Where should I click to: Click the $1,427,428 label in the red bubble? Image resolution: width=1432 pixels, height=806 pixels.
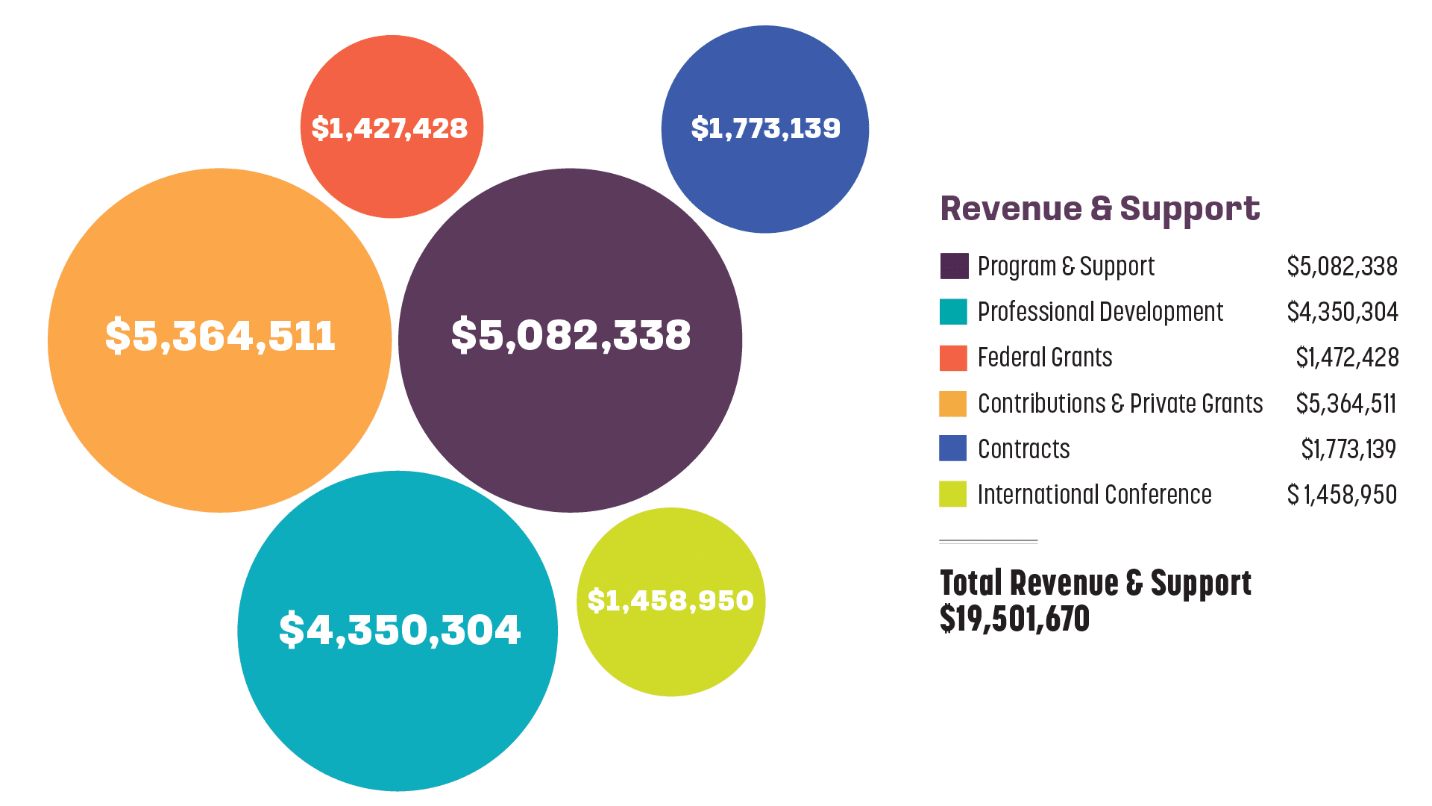point(389,128)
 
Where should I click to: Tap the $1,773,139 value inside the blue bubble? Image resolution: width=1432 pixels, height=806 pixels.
point(765,128)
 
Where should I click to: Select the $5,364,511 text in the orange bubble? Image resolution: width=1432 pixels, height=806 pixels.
point(220,336)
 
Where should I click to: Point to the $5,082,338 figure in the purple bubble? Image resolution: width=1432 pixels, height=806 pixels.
point(571,335)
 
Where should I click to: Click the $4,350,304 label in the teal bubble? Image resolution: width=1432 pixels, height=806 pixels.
point(399,630)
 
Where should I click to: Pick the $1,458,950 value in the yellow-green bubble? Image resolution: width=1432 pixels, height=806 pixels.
point(671,601)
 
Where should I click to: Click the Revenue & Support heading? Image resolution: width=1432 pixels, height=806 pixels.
point(1100,209)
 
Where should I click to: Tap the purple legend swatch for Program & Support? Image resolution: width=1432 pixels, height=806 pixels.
point(954,266)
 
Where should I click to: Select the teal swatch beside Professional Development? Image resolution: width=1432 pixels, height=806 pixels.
point(954,312)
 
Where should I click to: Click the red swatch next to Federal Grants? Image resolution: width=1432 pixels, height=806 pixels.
point(954,358)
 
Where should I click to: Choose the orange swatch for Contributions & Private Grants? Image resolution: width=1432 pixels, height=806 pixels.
point(954,404)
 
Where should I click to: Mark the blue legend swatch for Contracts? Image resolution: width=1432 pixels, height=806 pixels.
point(954,449)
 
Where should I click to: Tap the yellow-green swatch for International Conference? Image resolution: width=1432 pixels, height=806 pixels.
point(954,494)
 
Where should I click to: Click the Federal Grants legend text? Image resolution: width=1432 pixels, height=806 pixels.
point(1045,357)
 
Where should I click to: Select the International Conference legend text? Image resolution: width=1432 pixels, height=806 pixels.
point(1094,494)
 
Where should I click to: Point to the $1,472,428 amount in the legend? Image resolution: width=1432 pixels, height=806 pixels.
point(1347,357)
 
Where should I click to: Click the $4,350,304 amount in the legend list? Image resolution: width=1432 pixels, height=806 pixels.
point(1342,311)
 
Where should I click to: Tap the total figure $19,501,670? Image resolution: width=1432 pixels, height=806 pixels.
point(1014,619)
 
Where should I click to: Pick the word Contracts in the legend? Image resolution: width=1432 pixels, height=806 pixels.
point(1023,449)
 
